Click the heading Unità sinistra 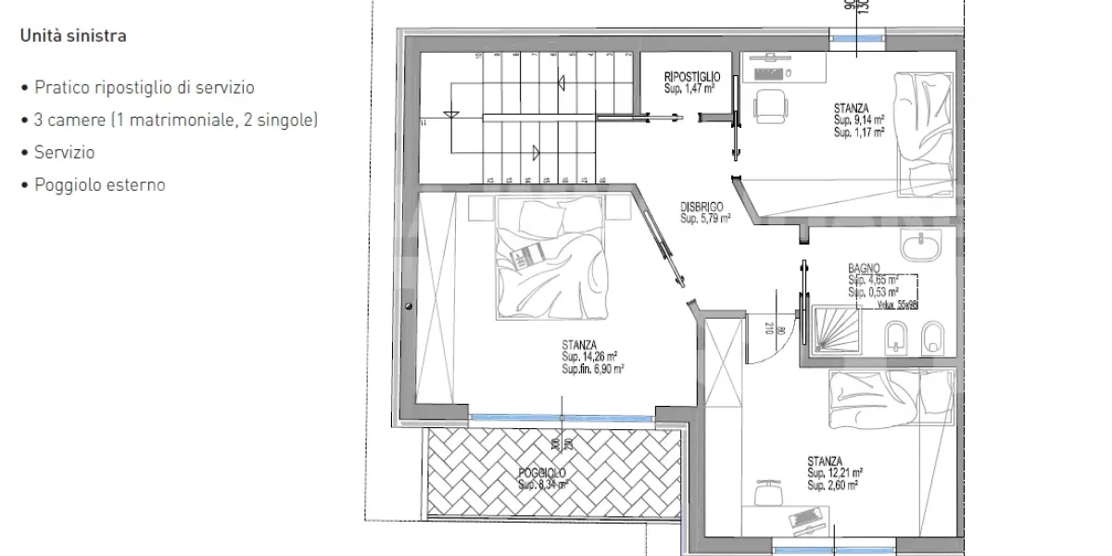pos(73,37)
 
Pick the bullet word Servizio pos(64,153)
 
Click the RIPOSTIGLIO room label pos(692,77)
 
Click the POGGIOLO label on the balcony pos(542,474)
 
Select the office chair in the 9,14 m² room pos(768,104)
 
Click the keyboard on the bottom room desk pos(802,515)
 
